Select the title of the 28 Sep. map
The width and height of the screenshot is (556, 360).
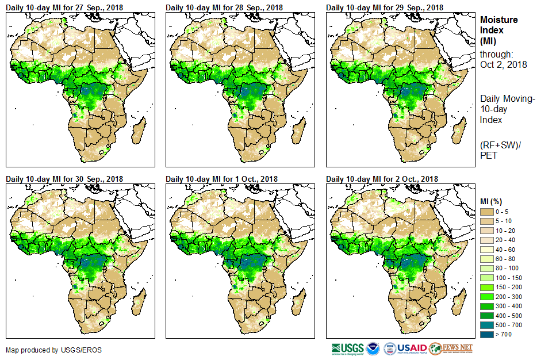pyautogui.click(x=224, y=7)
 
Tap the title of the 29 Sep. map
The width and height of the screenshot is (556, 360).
pyautogui.click(x=385, y=7)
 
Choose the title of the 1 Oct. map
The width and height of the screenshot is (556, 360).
pyautogui.click(x=222, y=179)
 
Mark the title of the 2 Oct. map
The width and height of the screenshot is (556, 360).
pyautogui.click(x=382, y=179)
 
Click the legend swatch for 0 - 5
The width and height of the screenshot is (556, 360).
pyautogui.click(x=488, y=212)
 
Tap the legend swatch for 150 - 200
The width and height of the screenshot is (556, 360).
pyautogui.click(x=488, y=287)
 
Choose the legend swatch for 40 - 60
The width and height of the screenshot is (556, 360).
pyautogui.click(x=488, y=250)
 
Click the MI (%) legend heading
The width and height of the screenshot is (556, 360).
pyautogui.click(x=492, y=201)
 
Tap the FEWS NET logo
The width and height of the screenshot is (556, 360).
pyautogui.click(x=451, y=348)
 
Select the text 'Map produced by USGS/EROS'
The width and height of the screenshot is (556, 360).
pyautogui.click(x=46, y=350)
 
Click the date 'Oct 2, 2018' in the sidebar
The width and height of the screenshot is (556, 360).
pyautogui.click(x=504, y=64)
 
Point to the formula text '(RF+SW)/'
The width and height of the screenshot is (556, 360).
pyautogui.click(x=499, y=144)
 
